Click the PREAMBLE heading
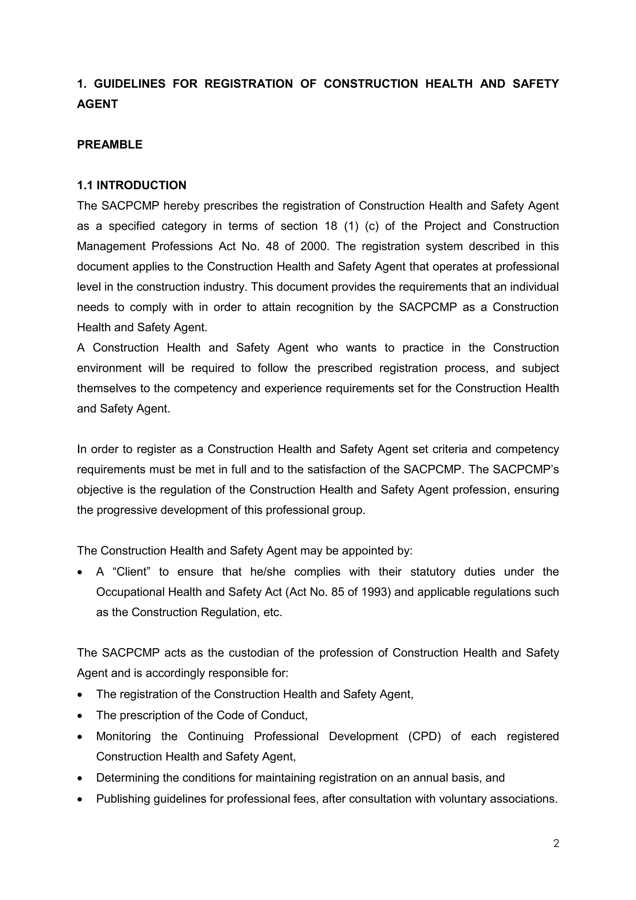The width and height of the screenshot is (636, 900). click(x=110, y=145)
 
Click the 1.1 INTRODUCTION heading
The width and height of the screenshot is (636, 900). click(x=132, y=186)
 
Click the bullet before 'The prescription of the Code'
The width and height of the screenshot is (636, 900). click(x=80, y=716)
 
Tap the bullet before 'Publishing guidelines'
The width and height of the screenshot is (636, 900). click(x=80, y=799)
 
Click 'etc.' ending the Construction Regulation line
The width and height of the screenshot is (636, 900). click(x=273, y=612)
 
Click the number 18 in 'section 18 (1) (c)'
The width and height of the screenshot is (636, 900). click(x=331, y=226)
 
